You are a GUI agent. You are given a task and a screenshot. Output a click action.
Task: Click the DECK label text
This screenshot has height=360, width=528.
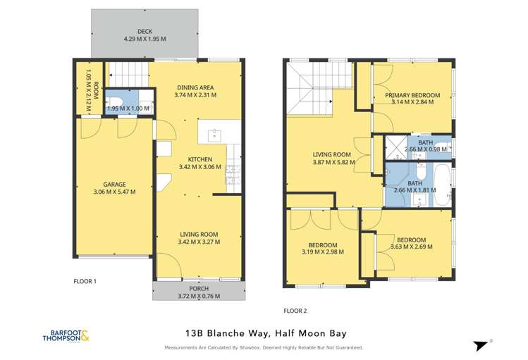point(145,31)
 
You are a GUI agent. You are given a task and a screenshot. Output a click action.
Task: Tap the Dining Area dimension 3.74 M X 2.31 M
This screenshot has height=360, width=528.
point(196,95)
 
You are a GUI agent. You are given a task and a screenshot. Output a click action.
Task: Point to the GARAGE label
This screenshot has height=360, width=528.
point(114,185)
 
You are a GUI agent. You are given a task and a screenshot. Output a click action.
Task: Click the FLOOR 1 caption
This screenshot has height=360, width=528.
point(85,280)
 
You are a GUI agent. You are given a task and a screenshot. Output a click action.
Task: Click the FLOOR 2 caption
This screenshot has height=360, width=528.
point(295,311)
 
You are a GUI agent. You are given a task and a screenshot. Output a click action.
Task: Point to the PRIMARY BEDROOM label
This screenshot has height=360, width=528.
point(412,95)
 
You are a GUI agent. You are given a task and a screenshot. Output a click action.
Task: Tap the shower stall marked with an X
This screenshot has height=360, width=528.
point(390,147)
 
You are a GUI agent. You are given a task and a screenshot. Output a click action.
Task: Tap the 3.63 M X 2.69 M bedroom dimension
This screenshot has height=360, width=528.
point(411,247)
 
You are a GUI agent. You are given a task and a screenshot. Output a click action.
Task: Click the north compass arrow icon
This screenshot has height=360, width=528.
point(481,345)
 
